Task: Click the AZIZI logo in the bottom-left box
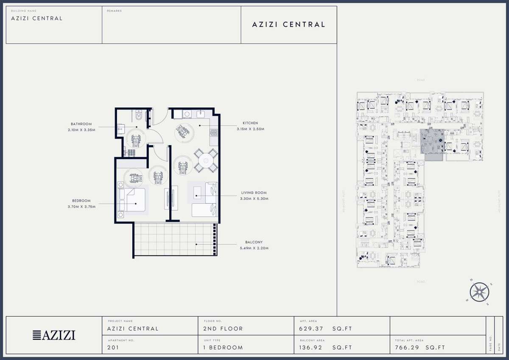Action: click(x=54, y=335)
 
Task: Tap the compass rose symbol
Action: click(x=479, y=292)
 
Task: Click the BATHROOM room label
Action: click(x=81, y=124)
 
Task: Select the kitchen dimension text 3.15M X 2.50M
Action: click(x=250, y=129)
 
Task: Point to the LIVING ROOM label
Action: click(x=254, y=193)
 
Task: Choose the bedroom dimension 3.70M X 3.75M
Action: click(x=81, y=207)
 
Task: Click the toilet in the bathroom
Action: click(x=138, y=115)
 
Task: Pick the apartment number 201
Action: click(x=113, y=347)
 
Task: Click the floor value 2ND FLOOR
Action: click(x=223, y=329)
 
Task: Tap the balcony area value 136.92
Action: click(x=311, y=347)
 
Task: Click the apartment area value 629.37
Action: click(x=311, y=329)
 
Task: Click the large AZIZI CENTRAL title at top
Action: click(x=289, y=25)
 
